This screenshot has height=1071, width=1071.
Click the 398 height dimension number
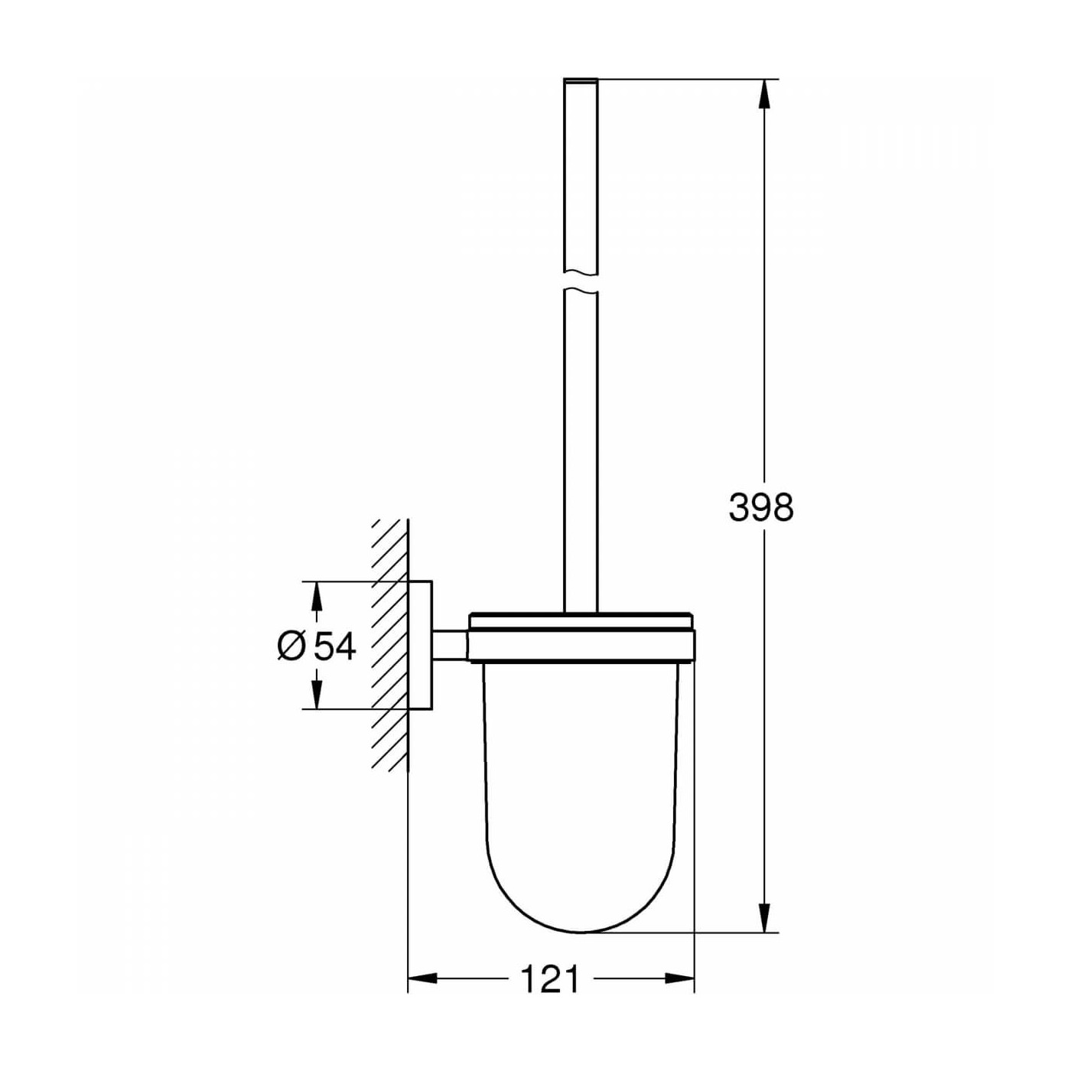[761, 507]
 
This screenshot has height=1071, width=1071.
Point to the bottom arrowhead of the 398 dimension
[763, 918]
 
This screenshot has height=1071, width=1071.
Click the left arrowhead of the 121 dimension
[422, 978]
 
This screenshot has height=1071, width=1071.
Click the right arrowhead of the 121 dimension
[680, 978]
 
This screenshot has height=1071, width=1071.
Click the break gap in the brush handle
[581, 282]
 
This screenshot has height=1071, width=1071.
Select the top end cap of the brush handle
[581, 80]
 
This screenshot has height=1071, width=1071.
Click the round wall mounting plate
[420, 645]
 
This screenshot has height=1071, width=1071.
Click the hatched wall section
[390, 645]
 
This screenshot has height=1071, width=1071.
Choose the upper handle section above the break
[581, 176]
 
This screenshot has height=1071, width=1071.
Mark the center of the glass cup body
[581, 780]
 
